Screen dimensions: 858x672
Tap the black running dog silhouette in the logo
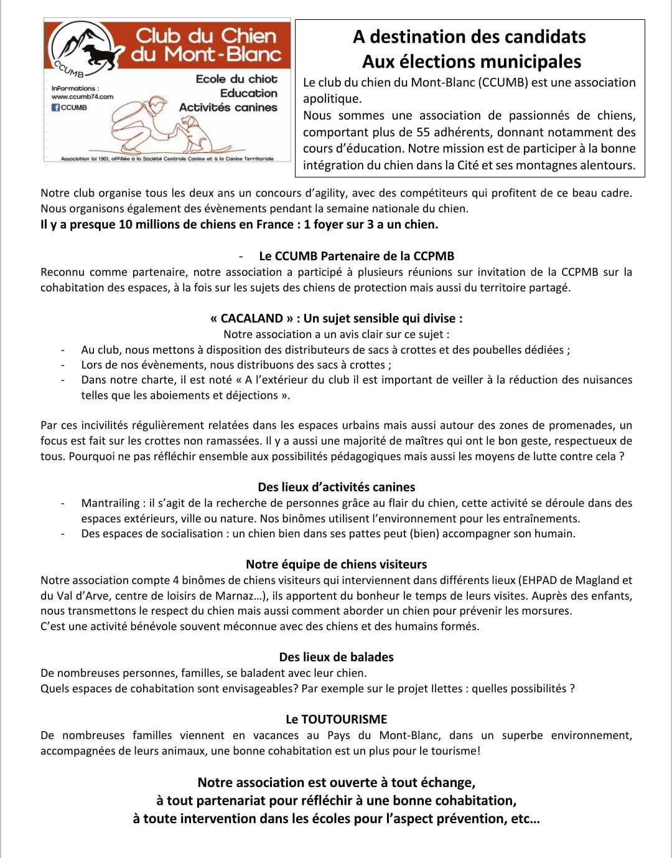click(100, 55)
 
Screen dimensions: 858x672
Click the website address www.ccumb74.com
click(82, 97)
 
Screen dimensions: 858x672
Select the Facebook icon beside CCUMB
click(55, 107)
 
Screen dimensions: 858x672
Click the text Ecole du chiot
click(236, 79)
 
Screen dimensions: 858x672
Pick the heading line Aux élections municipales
click(471, 62)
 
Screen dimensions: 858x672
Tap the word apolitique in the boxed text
click(332, 98)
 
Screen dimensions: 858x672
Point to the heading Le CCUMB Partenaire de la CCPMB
click(357, 256)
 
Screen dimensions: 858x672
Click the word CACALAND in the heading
click(252, 318)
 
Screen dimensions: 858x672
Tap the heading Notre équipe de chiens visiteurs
click(336, 564)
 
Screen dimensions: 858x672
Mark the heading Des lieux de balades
click(336, 657)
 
